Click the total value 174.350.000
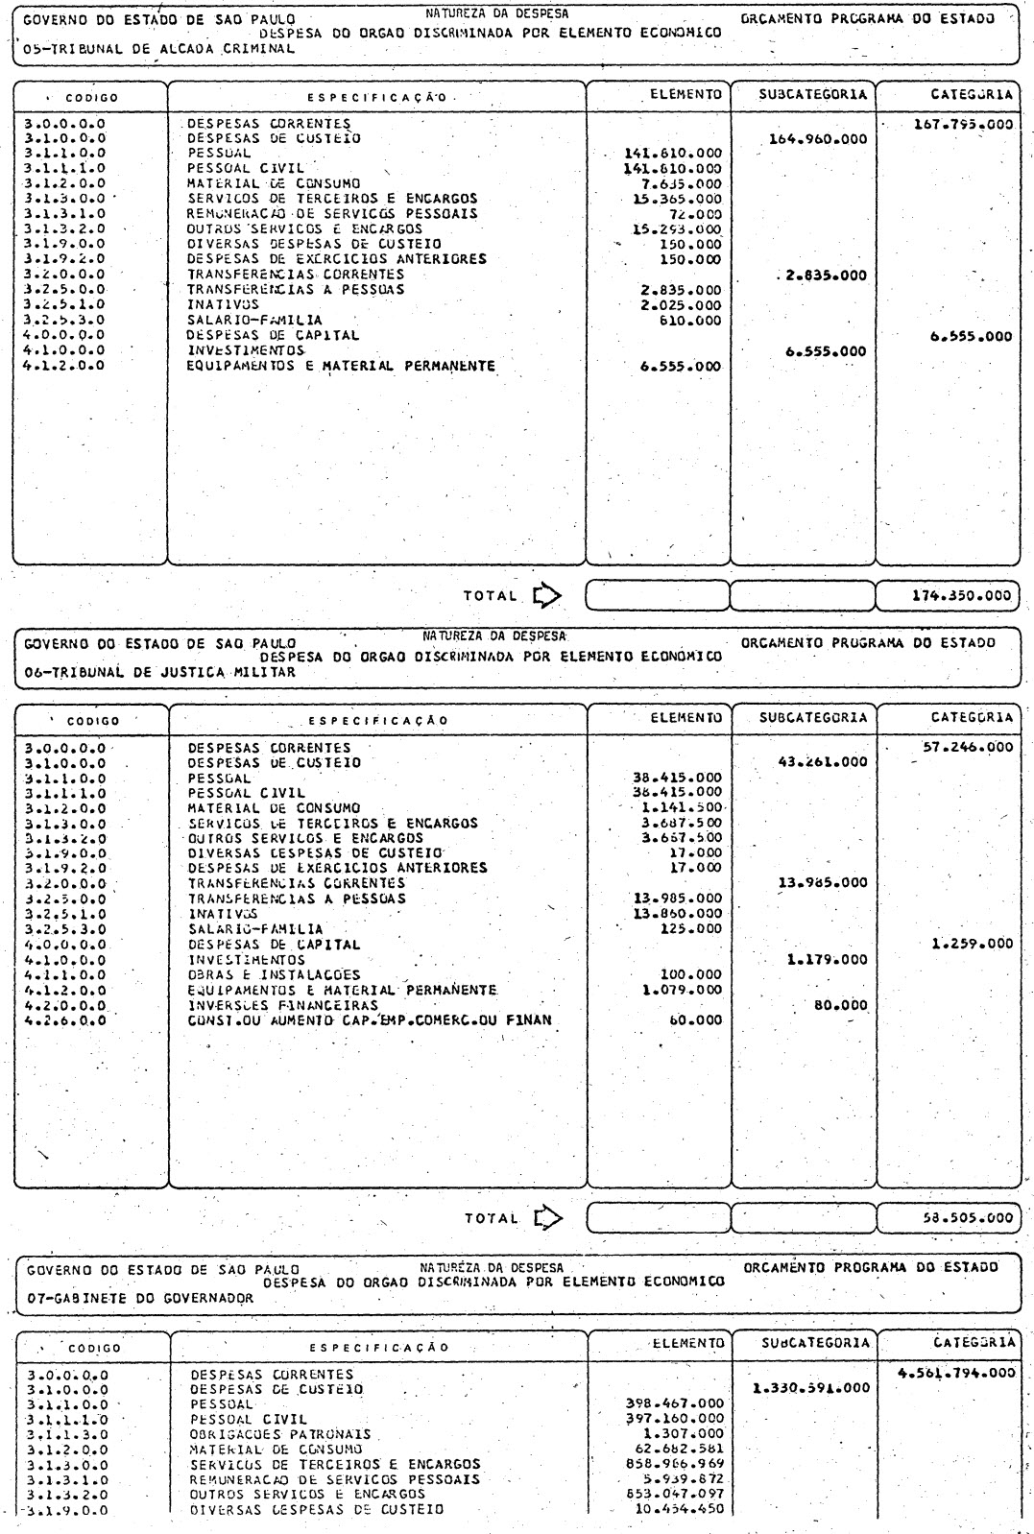pyautogui.click(x=961, y=595)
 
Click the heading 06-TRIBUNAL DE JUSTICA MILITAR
pyautogui.click(x=160, y=672)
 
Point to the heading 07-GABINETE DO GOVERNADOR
pyautogui.click(x=141, y=1298)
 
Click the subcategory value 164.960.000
pyautogui.click(x=818, y=139)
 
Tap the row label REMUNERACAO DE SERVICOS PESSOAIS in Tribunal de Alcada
pyautogui.click(x=331, y=214)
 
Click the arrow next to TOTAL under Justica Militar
pyautogui.click(x=546, y=1218)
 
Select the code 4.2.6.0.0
pyautogui.click(x=65, y=1020)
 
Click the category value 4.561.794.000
pyautogui.click(x=955, y=1374)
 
